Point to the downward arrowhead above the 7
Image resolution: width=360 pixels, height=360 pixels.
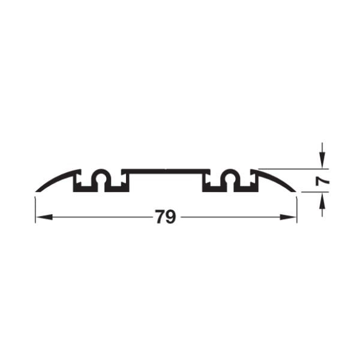coord(322,163)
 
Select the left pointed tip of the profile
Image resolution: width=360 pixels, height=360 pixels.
coord(37,191)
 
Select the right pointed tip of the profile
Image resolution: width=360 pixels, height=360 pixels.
coord(295,191)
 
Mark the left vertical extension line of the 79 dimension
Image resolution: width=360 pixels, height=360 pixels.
coord(35,207)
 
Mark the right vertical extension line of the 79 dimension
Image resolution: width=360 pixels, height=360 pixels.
coord(297,207)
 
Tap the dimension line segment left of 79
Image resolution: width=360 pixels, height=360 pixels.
coord(96,217)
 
